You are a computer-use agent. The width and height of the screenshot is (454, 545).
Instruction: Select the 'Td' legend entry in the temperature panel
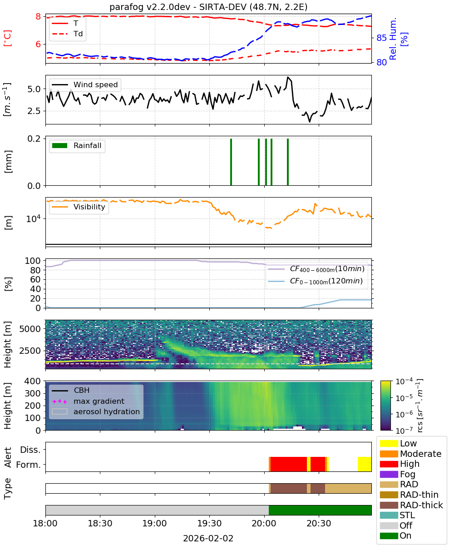point(67,34)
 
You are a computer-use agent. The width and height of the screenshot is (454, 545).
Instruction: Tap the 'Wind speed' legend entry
point(85,84)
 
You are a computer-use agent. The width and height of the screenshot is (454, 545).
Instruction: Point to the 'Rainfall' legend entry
point(77,145)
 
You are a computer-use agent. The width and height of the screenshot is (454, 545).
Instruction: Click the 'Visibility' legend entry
point(79,207)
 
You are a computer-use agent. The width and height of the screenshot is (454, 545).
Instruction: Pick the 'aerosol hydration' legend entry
point(96,411)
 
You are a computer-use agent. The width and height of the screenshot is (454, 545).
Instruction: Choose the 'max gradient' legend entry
point(88,401)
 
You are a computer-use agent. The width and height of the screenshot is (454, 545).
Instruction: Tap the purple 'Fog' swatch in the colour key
point(389,474)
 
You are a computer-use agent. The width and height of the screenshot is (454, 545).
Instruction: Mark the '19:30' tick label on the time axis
point(209,523)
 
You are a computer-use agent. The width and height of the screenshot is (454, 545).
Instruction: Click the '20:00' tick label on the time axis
point(264,523)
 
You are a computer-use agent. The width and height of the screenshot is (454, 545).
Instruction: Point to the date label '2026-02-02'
point(208,538)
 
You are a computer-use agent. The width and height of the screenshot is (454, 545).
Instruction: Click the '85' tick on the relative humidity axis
point(381,38)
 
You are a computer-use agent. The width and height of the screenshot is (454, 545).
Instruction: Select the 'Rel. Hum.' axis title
point(393,39)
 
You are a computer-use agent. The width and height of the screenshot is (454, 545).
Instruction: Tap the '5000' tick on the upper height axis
point(30,329)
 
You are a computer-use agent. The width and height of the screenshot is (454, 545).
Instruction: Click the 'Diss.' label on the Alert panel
point(30,450)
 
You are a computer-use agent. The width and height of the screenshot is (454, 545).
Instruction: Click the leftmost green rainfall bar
point(231,162)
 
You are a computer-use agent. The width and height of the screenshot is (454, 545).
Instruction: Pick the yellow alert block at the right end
point(365,464)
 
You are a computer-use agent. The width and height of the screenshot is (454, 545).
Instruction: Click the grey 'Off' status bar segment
point(157,510)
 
